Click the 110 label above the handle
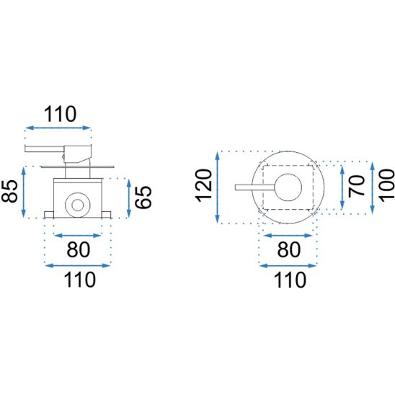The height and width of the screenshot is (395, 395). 60,115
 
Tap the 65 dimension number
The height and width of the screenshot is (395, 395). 143,197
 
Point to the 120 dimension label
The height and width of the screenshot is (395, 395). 203,186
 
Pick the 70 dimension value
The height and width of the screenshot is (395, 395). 357,187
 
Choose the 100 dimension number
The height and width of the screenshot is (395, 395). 386,186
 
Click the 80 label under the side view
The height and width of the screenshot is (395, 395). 78,249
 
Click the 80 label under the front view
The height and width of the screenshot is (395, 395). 289,249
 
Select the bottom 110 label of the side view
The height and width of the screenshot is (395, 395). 80,280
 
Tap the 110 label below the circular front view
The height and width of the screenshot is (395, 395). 290,280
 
